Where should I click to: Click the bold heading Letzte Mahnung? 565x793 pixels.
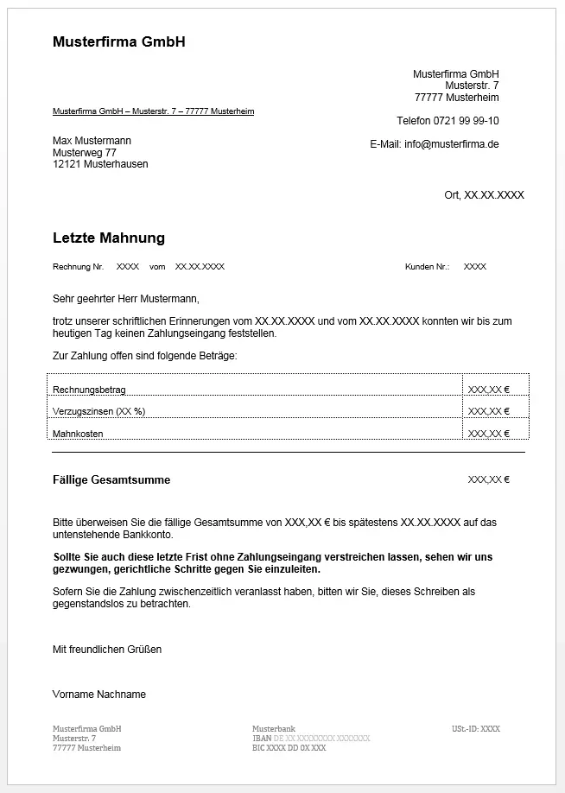pyautogui.click(x=109, y=238)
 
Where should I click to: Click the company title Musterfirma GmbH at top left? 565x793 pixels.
pyautogui.click(x=119, y=41)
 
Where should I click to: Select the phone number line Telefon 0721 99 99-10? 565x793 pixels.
pyautogui.click(x=448, y=121)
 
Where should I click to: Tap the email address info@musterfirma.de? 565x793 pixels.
pyautogui.click(x=451, y=144)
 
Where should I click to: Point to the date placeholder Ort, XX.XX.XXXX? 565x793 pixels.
pyautogui.click(x=484, y=195)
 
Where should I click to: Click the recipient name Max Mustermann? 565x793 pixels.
pyautogui.click(x=92, y=141)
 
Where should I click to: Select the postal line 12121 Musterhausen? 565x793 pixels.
pyautogui.click(x=100, y=164)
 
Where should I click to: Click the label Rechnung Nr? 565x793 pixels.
pyautogui.click(x=78, y=267)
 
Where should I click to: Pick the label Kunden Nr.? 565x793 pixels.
pyautogui.click(x=427, y=267)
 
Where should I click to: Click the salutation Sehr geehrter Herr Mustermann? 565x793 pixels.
pyautogui.click(x=125, y=299)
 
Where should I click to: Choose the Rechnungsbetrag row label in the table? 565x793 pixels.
pyautogui.click(x=89, y=390)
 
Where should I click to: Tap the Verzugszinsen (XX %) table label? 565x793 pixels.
pyautogui.click(x=98, y=411)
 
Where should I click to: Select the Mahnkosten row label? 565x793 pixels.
pyautogui.click(x=78, y=434)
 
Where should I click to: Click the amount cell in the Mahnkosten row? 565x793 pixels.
pyautogui.click(x=489, y=434)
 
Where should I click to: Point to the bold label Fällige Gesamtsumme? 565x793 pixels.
pyautogui.click(x=111, y=480)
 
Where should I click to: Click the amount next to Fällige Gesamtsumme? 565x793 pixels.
pyautogui.click(x=489, y=479)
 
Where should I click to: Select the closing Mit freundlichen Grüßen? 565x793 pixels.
pyautogui.click(x=107, y=650)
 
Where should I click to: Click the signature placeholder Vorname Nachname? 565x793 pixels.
pyautogui.click(x=99, y=695)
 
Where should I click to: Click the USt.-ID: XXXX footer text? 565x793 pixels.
pyautogui.click(x=476, y=729)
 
